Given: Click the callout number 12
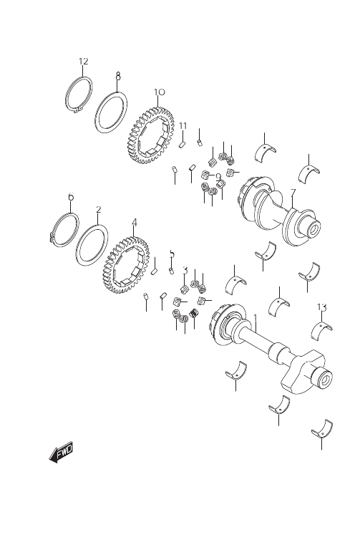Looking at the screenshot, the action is tap(84, 62).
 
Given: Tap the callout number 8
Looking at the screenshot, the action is tap(118, 76).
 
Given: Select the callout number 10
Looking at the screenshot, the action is tap(159, 92).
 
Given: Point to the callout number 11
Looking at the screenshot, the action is tap(183, 126).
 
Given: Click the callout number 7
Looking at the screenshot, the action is tap(293, 193).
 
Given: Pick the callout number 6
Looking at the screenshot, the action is tap(71, 197).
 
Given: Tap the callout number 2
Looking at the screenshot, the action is tap(99, 209).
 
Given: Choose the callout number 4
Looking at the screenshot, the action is tap(135, 223).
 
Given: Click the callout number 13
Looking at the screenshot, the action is tap(322, 307).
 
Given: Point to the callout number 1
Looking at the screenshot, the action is tap(255, 318).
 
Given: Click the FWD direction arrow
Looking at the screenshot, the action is tap(61, 452).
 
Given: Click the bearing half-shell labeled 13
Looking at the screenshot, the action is tap(322, 329).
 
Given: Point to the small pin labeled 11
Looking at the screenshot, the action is tap(182, 144).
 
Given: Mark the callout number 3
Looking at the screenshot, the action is tap(185, 271).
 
